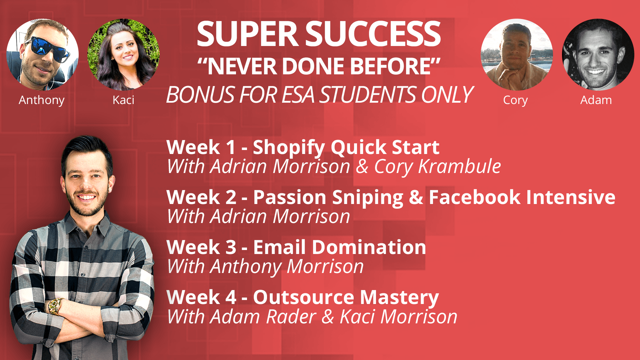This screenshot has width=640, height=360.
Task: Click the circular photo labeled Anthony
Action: click(43, 55)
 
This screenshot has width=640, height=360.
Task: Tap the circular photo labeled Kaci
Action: click(123, 55)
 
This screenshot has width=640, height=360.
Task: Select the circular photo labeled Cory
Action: click(517, 55)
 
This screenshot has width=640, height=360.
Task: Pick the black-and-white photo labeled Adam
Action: click(598, 55)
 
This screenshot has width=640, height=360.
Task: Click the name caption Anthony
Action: click(42, 100)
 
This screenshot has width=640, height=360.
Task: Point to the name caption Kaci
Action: click(123, 100)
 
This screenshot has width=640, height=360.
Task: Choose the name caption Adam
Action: click(596, 100)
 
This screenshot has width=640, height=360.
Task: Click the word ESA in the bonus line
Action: click(299, 95)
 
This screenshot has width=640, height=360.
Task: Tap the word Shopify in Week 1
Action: click(289, 148)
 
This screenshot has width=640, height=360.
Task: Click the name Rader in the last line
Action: click(291, 316)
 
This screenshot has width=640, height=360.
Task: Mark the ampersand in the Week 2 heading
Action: click(416, 197)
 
